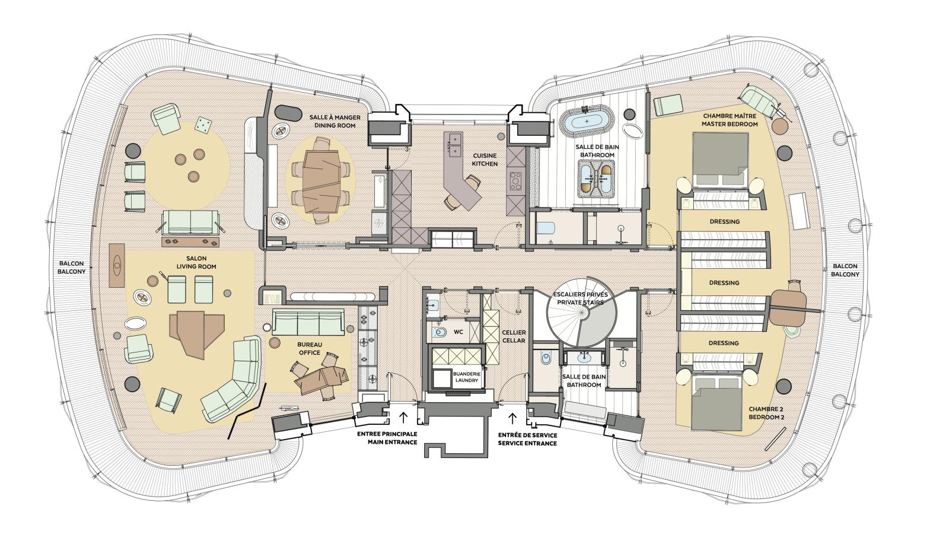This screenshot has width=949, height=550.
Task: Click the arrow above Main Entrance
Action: pyautogui.click(x=403, y=417)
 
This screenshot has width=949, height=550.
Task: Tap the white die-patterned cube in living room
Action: pyautogui.click(x=203, y=125)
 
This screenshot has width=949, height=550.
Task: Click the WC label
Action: pyautogui.click(x=458, y=332)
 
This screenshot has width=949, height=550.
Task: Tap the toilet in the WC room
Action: pyautogui.click(x=440, y=332)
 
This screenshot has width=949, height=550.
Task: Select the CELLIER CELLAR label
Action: pyautogui.click(x=513, y=337)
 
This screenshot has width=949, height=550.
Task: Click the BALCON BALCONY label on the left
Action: pyautogui.click(x=71, y=267)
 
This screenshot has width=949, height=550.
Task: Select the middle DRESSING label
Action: pyautogui.click(x=724, y=282)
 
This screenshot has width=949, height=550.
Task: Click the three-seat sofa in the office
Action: pyautogui.click(x=308, y=323)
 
